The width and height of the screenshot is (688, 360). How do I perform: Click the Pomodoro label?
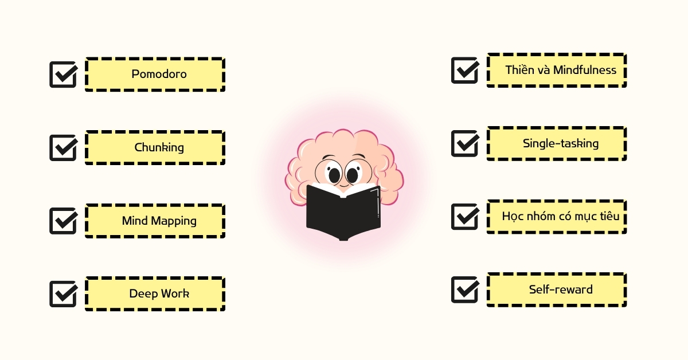pyautogui.click(x=159, y=74)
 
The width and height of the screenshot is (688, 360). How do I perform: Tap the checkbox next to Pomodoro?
pyautogui.click(x=63, y=75)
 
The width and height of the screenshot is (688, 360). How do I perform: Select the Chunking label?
pyautogui.click(x=159, y=147)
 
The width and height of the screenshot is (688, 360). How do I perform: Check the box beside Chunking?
pyautogui.click(x=63, y=147)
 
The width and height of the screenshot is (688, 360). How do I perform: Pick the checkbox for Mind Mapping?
pyautogui.click(x=63, y=221)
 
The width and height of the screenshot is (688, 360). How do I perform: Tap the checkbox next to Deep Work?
pyautogui.click(x=63, y=294)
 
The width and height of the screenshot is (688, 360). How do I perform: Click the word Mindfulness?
pyautogui.click(x=585, y=70)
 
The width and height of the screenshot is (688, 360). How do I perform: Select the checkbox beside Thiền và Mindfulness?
pyautogui.click(x=465, y=70)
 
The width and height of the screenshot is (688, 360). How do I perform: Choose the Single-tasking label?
pyautogui.click(x=561, y=143)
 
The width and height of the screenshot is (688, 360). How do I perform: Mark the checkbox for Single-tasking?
pyautogui.click(x=465, y=143)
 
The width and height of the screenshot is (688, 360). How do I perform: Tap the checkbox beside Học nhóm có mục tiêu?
pyautogui.click(x=465, y=217)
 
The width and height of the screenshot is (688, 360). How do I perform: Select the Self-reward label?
pyautogui.click(x=561, y=289)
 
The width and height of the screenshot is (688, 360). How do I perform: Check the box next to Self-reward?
pyautogui.click(x=465, y=289)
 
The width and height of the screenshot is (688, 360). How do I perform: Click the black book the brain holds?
pyautogui.click(x=343, y=213)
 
